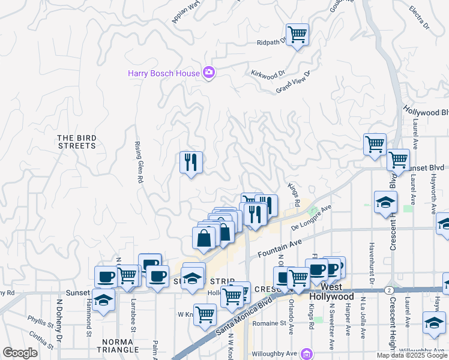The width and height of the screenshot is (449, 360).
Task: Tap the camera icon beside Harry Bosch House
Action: tap(209, 73)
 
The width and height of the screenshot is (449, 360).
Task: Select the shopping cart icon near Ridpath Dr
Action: tap(297, 34)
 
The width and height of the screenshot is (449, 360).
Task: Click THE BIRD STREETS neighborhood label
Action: tap(77, 142)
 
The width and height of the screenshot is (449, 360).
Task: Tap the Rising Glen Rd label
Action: tap(137, 162)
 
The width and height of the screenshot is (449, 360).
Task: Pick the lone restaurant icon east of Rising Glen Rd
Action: tap(191, 162)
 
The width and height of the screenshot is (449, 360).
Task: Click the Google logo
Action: tap(20, 352)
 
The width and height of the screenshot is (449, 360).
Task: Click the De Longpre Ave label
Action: tap(312, 218)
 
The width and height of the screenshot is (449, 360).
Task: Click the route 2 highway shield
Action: tap(391, 290)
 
